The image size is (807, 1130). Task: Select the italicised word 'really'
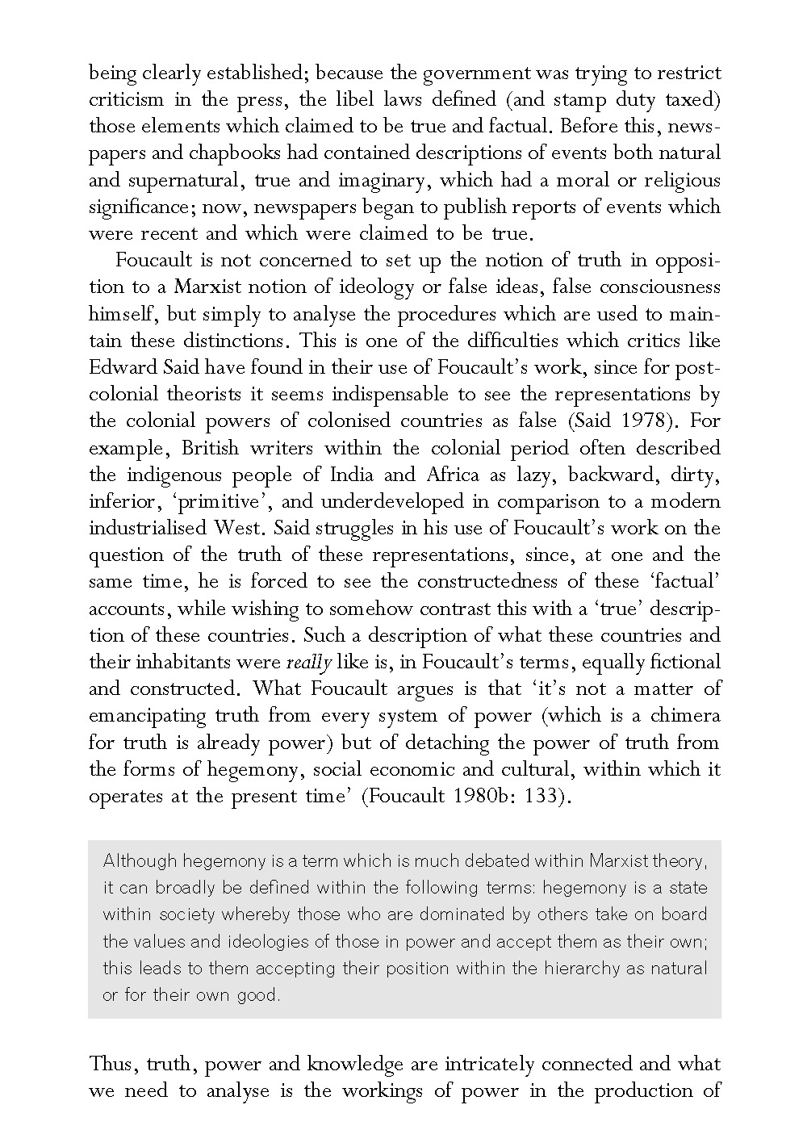[x=309, y=663]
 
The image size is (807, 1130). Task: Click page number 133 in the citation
[x=540, y=796]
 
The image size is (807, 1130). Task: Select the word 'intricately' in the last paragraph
[x=456, y=1064]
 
